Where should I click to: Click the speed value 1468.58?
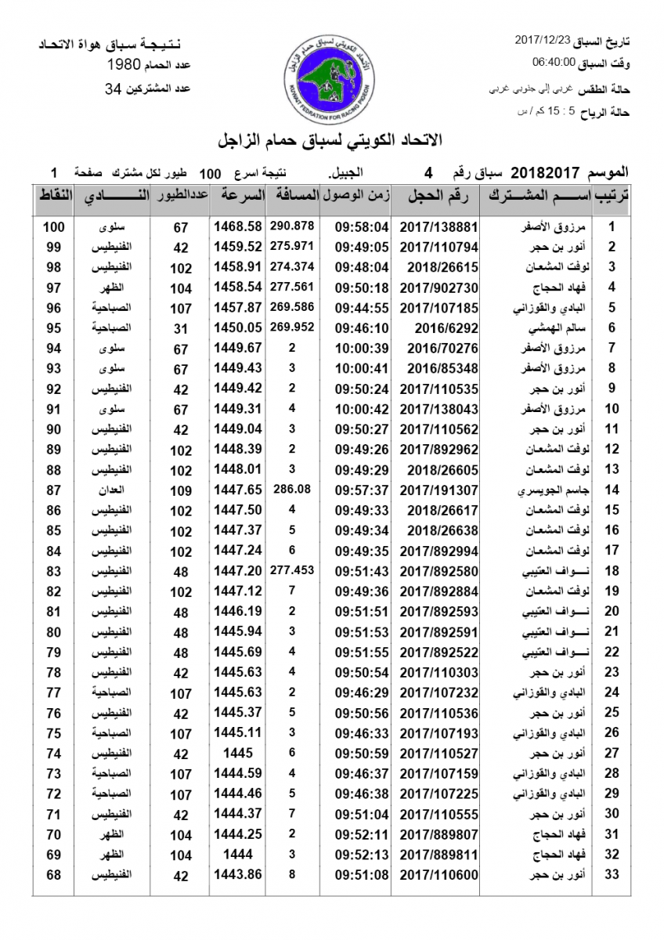pos(237,227)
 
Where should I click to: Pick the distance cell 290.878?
pos(291,226)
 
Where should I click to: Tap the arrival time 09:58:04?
pos(362,227)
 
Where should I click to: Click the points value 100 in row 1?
pos(53,227)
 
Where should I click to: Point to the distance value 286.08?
pos(292,489)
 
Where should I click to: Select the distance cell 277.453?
pos(291,569)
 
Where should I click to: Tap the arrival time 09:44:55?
pos(362,308)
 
